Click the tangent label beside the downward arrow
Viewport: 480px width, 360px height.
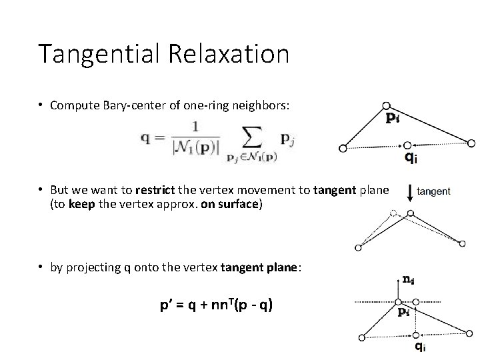coord(433,191)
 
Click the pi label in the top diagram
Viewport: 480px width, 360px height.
coord(394,118)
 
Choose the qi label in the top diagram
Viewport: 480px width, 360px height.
coord(413,158)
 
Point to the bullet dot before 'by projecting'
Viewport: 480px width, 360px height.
coord(41,267)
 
